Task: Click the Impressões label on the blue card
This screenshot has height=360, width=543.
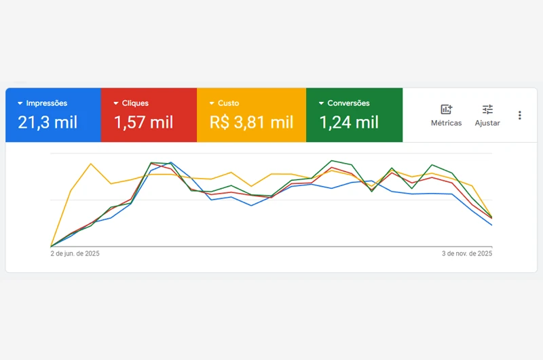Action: (47, 103)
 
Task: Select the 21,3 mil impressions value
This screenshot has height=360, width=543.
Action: (48, 123)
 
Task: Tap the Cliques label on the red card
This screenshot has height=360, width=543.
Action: (136, 103)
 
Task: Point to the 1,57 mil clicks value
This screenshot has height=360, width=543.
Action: (143, 123)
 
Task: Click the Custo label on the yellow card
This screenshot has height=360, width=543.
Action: (229, 103)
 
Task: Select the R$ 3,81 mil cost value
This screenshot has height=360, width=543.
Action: (251, 123)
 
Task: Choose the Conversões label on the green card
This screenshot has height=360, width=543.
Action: (348, 103)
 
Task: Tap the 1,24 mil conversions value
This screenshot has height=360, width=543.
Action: (349, 123)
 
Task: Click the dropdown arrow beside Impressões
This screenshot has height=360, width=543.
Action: (20, 103)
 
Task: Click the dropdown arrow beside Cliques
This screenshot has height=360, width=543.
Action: (116, 103)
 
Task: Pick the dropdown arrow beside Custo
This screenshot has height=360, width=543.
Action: (212, 103)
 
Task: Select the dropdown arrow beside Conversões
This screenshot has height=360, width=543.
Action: (321, 103)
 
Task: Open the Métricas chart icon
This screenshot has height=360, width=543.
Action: (446, 109)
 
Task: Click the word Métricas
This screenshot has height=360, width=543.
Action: (446, 124)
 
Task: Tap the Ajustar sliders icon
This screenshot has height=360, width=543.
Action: (487, 109)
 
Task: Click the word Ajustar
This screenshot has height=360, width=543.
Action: (487, 124)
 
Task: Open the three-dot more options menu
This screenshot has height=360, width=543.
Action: (520, 115)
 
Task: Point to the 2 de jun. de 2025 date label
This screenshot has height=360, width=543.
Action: (75, 253)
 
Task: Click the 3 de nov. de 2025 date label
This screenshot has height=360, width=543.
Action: (467, 253)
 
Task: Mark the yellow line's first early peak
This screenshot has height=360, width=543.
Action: (90, 164)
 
